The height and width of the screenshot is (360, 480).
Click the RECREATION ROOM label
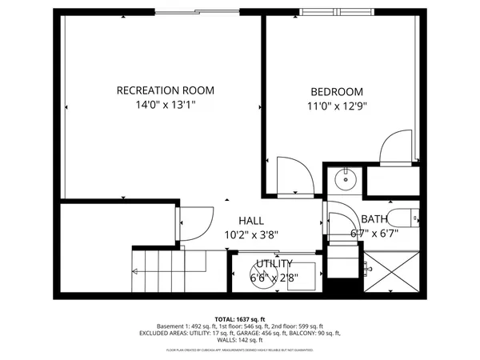coord(165,90)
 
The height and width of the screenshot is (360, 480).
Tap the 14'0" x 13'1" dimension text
coord(165,104)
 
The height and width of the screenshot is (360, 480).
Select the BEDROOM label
coord(336,92)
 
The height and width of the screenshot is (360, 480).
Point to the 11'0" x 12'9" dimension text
coord(336,106)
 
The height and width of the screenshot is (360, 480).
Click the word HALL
coord(251,221)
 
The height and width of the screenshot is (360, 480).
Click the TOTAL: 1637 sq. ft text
coord(239,319)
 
